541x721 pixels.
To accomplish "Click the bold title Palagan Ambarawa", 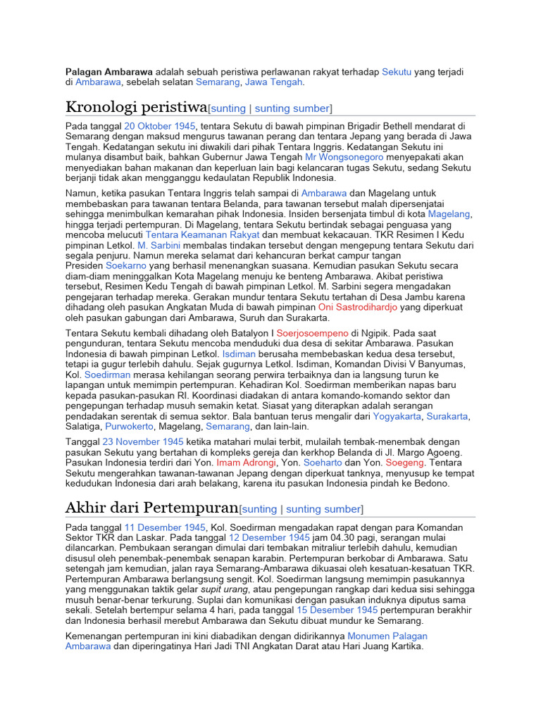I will (108, 72).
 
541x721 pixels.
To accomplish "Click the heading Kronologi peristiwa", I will (136, 107).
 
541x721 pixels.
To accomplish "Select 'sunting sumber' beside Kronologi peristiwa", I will (292, 108).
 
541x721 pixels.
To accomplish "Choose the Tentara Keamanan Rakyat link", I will (202, 234).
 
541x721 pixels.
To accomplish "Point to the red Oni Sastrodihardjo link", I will (357, 307).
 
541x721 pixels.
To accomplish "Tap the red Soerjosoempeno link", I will (313, 332).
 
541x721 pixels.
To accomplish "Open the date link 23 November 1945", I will (143, 441).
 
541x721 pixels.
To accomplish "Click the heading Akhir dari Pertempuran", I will (151, 507).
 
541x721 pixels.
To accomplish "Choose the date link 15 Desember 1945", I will (337, 610).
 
